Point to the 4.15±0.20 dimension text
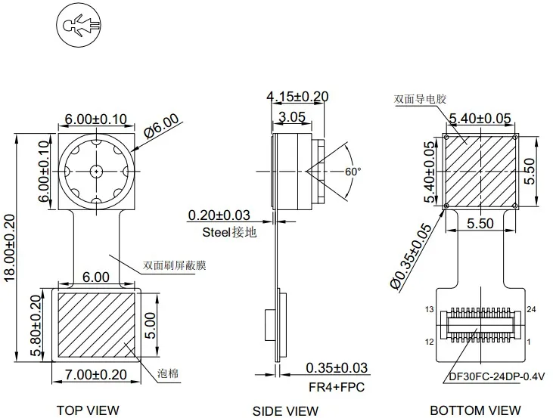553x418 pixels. [x=297, y=96]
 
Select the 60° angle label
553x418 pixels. [x=353, y=172]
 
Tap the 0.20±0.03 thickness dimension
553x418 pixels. [x=219, y=215]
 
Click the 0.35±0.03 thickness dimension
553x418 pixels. [x=337, y=368]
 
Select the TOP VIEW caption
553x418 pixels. [x=88, y=410]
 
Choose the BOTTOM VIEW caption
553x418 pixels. [x=475, y=410]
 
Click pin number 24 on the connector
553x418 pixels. [x=531, y=310]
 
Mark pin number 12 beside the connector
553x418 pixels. [x=428, y=342]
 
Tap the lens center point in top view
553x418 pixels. [x=97, y=171]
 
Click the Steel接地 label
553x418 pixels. [x=229, y=232]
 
